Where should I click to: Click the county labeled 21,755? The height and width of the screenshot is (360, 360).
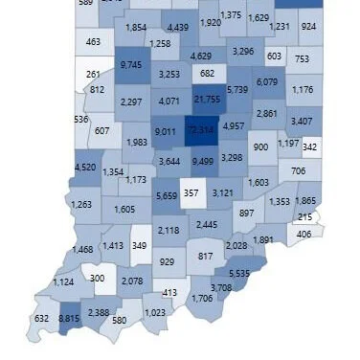207,99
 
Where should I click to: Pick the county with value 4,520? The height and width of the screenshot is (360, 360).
84,168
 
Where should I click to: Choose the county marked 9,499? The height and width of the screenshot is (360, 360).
202,161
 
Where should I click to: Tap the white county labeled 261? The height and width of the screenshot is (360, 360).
93,73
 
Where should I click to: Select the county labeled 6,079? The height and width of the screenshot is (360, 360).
267,82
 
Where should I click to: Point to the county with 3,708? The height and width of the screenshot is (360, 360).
221,287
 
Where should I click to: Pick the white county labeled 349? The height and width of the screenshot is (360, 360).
140,246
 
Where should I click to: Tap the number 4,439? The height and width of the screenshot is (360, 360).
177,28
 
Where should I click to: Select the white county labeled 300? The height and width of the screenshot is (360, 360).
97,279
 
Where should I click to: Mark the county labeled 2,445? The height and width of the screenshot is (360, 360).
207,224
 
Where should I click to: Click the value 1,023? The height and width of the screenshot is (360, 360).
155,313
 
